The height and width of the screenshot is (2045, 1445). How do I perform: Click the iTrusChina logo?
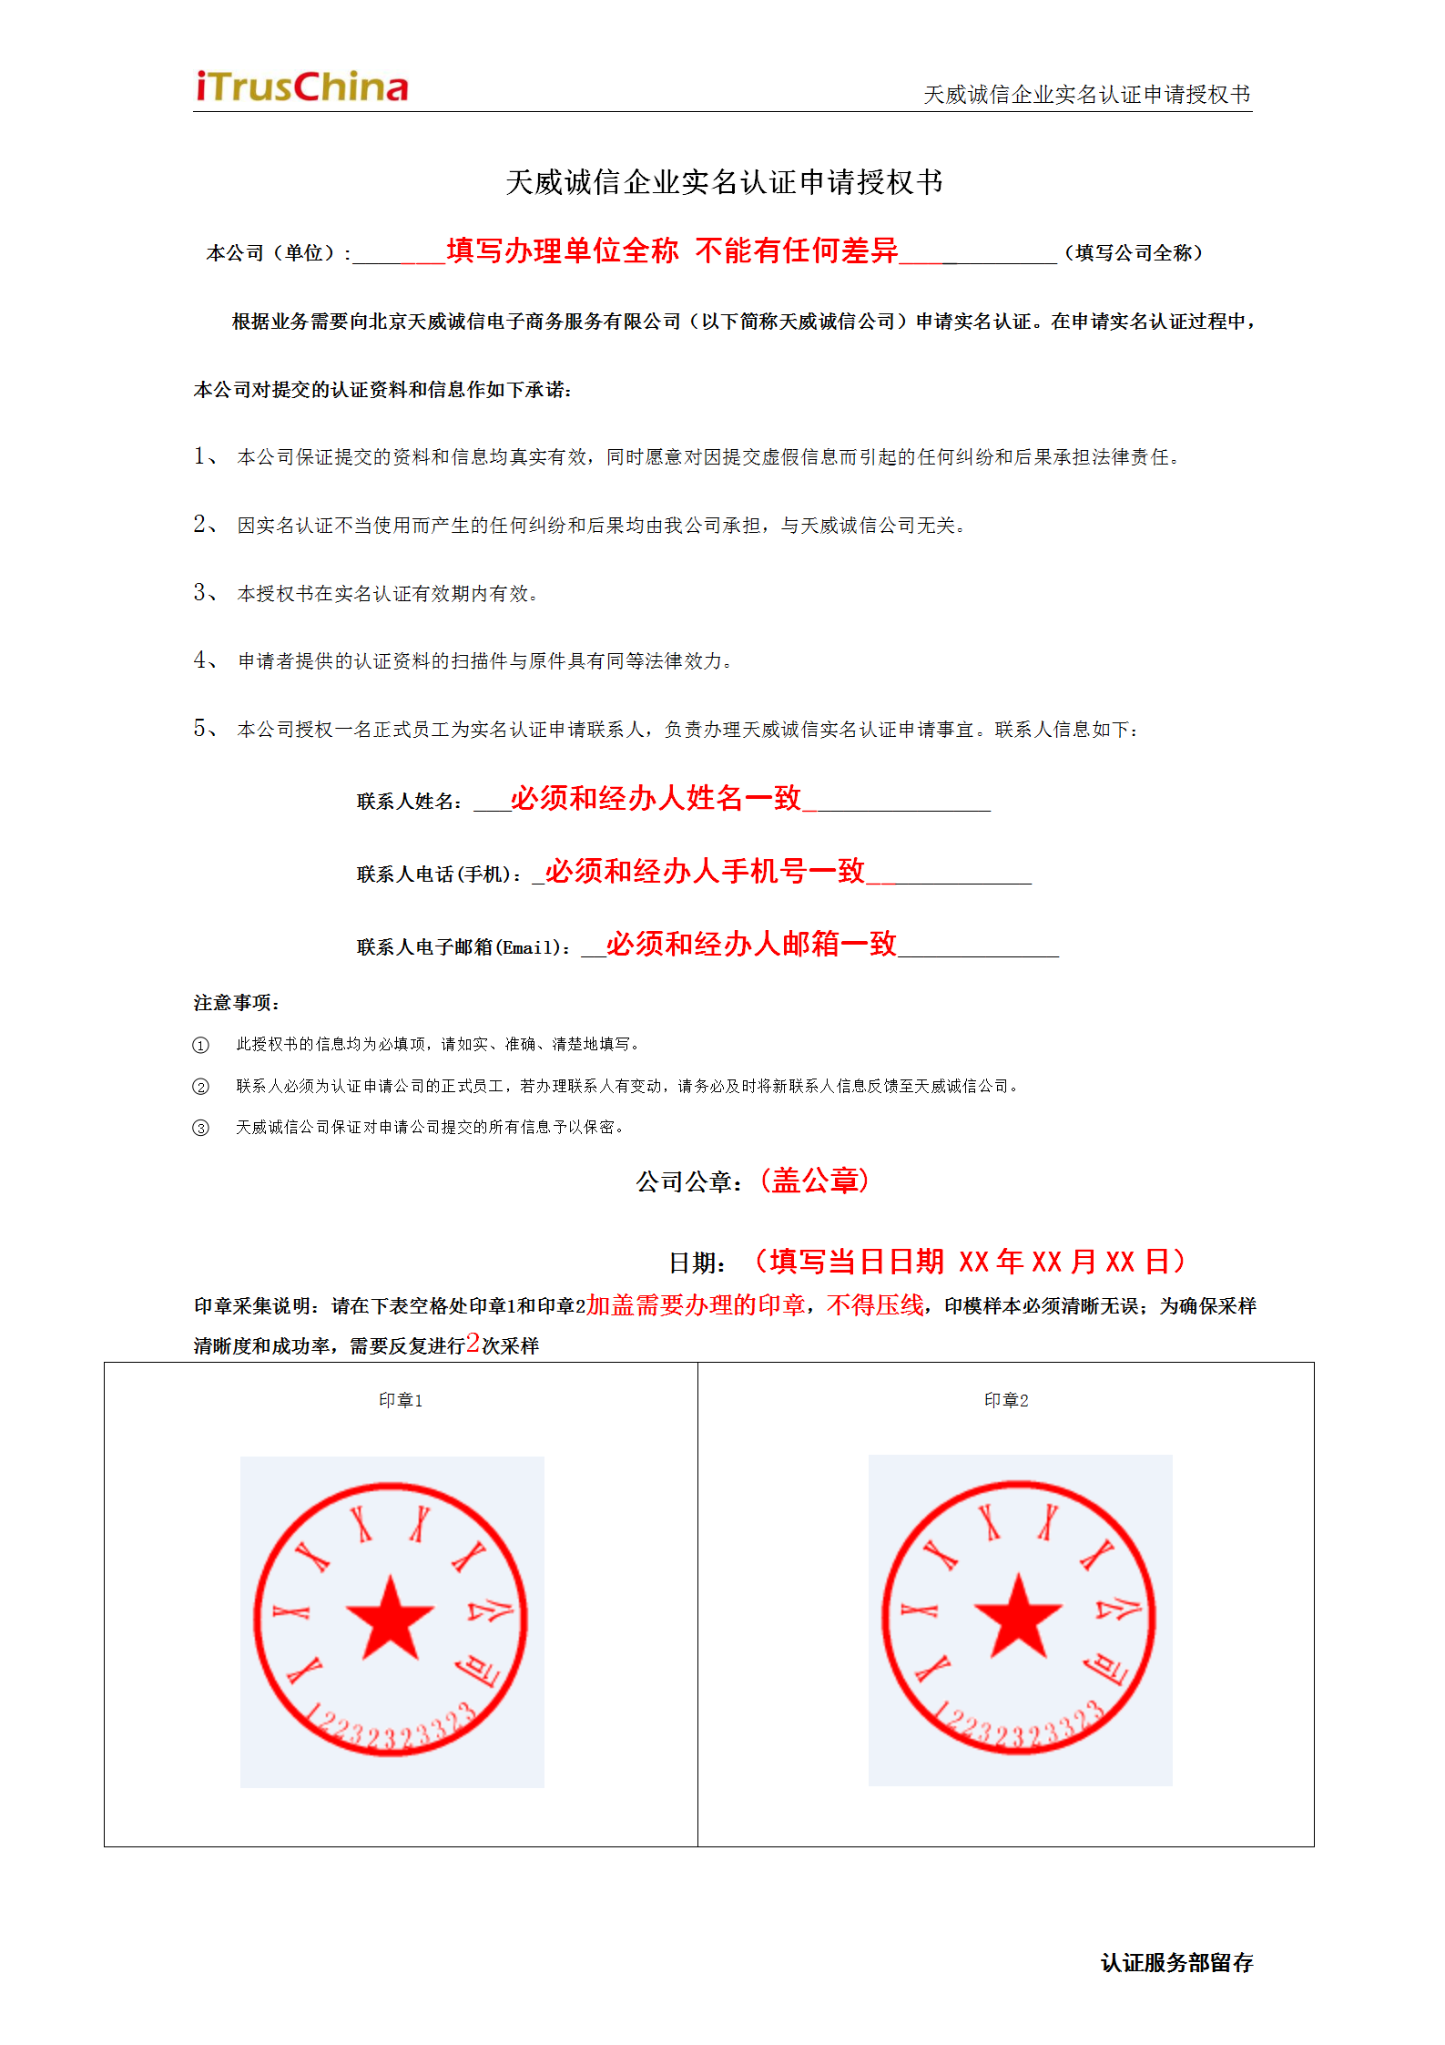(x=302, y=87)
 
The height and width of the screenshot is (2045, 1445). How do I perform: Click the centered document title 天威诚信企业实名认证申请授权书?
(x=724, y=182)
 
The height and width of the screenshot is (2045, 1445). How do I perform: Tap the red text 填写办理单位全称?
(x=562, y=251)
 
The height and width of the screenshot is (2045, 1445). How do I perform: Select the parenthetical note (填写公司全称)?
(x=1134, y=253)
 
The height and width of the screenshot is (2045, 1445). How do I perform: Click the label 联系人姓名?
(x=410, y=802)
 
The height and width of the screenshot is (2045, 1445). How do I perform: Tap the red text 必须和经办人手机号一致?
(x=705, y=872)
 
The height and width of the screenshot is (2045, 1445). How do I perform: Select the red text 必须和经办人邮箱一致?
(x=751, y=945)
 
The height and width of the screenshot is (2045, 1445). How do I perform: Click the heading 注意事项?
(x=237, y=1003)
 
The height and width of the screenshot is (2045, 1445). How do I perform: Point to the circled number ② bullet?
(x=200, y=1087)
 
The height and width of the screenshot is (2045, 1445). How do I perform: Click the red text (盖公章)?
(x=815, y=1181)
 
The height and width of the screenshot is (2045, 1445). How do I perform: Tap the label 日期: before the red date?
(x=697, y=1263)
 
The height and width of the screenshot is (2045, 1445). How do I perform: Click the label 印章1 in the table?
(x=401, y=1400)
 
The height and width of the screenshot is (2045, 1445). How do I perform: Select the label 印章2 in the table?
(x=1006, y=1400)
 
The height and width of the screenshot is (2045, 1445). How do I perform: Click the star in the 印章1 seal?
(x=390, y=1619)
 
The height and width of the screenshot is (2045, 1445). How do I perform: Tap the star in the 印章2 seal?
(x=1018, y=1617)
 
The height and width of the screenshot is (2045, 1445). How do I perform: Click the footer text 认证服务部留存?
(x=1176, y=1963)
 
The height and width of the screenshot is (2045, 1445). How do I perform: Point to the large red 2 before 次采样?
(x=473, y=1343)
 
